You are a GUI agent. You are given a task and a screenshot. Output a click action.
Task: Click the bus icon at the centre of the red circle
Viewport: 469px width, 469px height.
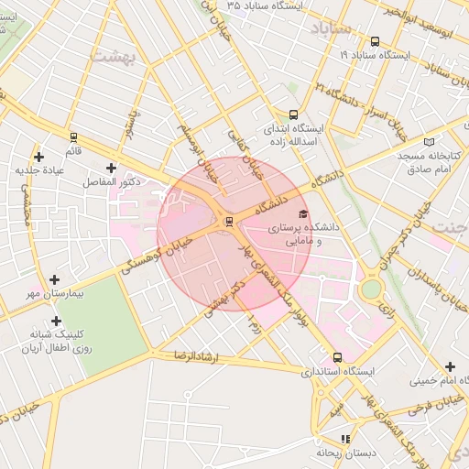point(228,221)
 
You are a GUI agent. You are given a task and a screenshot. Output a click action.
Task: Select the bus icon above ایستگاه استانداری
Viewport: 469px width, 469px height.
point(338,357)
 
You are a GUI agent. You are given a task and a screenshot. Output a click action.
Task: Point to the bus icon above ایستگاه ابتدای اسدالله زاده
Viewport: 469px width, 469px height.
point(292,115)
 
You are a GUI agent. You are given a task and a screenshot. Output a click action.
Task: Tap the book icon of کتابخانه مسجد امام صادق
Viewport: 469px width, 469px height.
point(431,142)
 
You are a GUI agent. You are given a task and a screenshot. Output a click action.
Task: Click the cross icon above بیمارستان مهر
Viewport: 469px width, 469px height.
point(55,279)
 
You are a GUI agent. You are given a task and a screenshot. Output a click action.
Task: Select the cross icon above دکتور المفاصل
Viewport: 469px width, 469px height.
point(112,168)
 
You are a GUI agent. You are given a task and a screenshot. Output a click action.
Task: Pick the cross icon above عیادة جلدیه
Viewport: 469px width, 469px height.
point(38,157)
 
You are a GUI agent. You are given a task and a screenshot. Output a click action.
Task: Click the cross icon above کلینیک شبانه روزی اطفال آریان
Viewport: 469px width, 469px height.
point(58,322)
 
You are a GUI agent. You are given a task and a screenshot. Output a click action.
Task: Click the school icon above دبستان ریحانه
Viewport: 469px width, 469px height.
point(344,438)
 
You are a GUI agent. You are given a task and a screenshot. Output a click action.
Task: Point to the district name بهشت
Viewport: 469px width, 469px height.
point(115,57)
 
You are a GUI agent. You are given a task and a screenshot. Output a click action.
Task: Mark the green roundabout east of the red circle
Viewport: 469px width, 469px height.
point(371,289)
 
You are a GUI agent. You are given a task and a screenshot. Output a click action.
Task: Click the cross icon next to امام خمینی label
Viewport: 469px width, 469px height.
point(449,366)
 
